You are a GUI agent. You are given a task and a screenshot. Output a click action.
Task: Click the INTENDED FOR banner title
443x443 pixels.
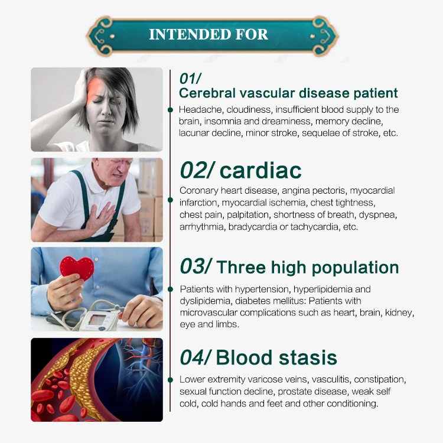tap(209, 34)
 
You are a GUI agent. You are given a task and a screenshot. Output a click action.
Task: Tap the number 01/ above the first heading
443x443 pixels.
tap(191, 79)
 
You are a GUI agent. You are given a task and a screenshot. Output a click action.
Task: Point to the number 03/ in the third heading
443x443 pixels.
tap(195, 266)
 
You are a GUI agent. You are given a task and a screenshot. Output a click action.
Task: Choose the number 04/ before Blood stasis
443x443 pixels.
tap(196, 357)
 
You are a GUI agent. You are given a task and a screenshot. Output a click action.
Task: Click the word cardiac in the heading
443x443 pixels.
tap(260, 171)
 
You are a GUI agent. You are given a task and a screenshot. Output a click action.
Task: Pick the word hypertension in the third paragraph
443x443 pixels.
tap(250, 289)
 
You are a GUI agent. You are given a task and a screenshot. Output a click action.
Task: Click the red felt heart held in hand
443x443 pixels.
tap(77, 267)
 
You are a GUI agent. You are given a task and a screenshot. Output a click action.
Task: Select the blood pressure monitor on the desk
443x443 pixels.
tap(99, 319)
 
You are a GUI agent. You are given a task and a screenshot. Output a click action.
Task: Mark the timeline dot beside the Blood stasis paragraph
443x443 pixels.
tap(171, 379)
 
